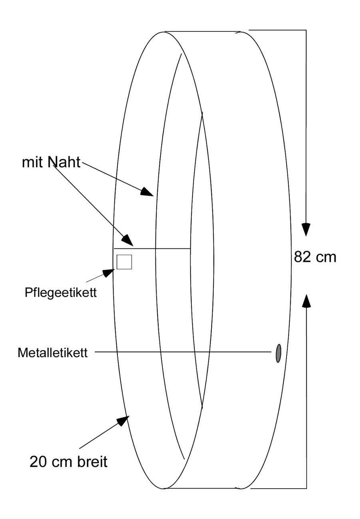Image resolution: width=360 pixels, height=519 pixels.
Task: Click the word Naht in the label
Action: click(64, 162)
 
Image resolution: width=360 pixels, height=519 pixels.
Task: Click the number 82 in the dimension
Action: click(302, 257)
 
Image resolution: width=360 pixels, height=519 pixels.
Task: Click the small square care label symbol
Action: click(124, 262)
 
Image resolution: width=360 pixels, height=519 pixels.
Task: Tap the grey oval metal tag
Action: click(278, 353)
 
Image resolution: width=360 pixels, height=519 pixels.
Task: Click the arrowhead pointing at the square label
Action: click(108, 272)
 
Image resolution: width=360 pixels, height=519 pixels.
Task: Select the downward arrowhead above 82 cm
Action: click(306, 229)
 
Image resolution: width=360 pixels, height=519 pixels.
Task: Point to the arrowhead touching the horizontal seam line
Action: click(128, 240)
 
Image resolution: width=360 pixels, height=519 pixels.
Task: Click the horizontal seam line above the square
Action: click(152, 249)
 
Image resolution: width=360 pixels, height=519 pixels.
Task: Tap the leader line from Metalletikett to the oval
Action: click(183, 352)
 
